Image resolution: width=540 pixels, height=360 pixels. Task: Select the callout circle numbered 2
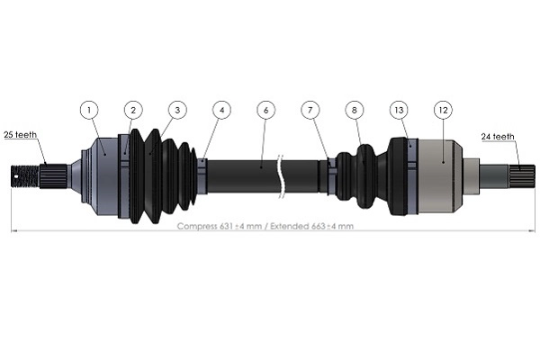[132, 110]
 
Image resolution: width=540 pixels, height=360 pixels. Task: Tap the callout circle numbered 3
[177, 110]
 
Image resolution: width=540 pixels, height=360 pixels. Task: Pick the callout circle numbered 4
[221, 110]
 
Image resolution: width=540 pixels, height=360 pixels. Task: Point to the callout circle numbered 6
[264, 110]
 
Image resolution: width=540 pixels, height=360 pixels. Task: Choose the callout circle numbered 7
[310, 110]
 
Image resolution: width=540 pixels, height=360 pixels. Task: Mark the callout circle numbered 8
[355, 110]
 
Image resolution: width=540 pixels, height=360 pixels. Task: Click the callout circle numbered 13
[399, 110]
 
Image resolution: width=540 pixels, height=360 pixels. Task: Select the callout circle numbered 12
[442, 110]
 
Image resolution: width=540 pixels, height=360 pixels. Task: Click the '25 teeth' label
[20, 135]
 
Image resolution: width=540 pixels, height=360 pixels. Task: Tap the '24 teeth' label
[497, 137]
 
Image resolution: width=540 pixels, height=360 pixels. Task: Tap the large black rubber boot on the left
[157, 175]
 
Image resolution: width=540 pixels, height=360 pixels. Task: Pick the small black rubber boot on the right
[362, 174]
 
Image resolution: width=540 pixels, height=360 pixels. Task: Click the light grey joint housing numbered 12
[444, 175]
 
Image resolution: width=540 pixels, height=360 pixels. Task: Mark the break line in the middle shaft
[283, 174]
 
